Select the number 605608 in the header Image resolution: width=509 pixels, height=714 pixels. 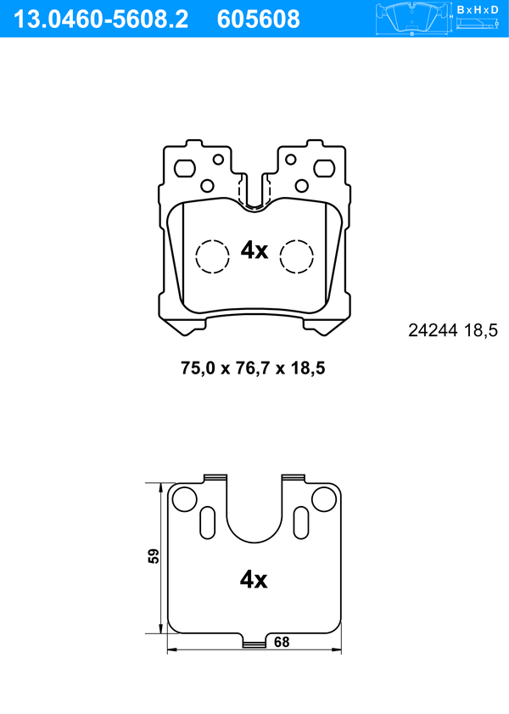coord(259,19)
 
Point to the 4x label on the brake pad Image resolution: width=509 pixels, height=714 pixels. coord(254,250)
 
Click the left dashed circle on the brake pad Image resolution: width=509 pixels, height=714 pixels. coord(212,256)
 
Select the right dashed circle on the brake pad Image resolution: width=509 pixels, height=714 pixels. coord(297,256)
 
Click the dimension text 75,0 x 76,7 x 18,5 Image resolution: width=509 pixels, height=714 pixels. coord(254,368)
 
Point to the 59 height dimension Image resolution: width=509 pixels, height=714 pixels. coord(154,557)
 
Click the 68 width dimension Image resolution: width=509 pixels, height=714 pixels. coord(282,643)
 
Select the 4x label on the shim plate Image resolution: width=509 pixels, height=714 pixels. coord(254,580)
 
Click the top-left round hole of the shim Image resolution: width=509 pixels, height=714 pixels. coord(184,499)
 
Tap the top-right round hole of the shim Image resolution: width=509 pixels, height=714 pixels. coord(324,499)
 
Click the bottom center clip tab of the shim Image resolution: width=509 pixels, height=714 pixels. coord(254,644)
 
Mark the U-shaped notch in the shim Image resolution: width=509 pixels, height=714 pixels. coord(254,514)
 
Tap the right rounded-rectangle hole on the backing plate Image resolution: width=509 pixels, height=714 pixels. coord(324,167)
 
